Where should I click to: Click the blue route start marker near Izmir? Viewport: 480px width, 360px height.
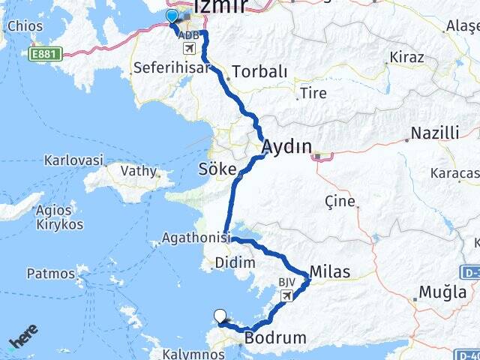[172, 16]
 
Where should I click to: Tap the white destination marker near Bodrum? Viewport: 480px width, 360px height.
[220, 316]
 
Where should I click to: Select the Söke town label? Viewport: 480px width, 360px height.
[217, 167]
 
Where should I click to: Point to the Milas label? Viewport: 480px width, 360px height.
[329, 271]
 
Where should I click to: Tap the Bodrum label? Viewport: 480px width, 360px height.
[275, 338]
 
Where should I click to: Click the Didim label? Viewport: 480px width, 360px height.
[235, 262]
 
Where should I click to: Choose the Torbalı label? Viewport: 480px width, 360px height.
[259, 72]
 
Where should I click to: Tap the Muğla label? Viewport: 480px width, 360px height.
[442, 292]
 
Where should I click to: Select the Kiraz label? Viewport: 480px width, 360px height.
[406, 57]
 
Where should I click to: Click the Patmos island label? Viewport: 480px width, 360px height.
[51, 273]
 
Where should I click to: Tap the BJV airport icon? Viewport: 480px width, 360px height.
[286, 296]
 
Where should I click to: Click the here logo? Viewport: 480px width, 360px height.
[22, 339]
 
